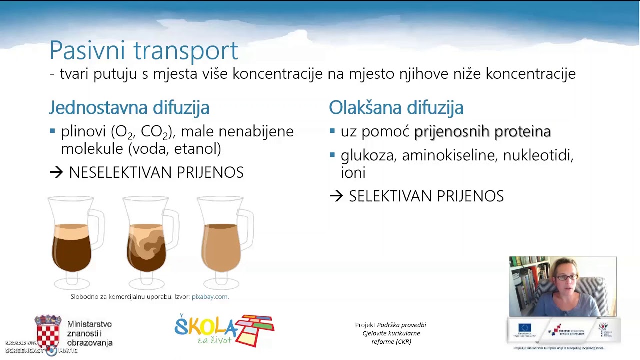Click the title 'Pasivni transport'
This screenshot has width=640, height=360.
click(x=143, y=51)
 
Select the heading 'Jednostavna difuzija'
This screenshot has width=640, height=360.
click(x=129, y=107)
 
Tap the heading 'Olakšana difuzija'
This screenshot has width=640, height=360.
click(x=396, y=107)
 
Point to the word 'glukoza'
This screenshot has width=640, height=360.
click(x=367, y=156)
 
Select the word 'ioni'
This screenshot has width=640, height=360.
click(x=353, y=173)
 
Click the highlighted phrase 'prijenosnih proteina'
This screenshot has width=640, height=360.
click(x=482, y=131)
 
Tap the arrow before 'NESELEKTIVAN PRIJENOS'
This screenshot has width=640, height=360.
click(x=56, y=173)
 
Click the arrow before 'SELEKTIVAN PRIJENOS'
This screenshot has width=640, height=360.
click(x=336, y=196)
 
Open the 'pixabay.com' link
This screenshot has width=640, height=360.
click(x=209, y=297)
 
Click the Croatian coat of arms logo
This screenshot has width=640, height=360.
click(x=48, y=332)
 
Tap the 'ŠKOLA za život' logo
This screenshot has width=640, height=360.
click(x=224, y=330)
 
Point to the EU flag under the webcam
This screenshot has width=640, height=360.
click(x=524, y=329)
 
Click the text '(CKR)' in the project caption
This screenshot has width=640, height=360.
click(x=391, y=342)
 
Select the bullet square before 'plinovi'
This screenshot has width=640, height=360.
click(x=52, y=131)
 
